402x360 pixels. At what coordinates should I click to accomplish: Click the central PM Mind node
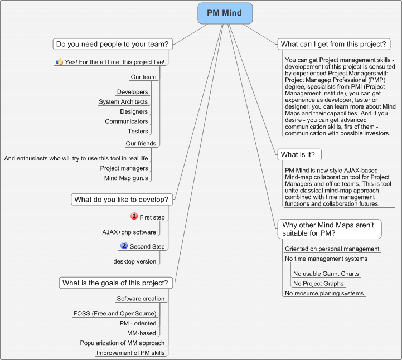coord(225,13)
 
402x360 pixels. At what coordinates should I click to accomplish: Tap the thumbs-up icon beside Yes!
coord(59,61)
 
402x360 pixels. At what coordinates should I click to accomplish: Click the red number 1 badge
coord(134,216)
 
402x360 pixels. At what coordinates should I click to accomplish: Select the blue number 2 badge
coord(124,246)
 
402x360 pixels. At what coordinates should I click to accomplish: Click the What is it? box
coord(299,155)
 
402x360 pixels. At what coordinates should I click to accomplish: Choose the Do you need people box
coord(113,44)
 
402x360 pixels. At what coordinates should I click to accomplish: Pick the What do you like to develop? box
coord(122,200)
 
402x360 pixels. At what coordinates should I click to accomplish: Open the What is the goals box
coord(115,283)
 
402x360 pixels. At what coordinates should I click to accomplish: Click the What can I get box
coord(334,44)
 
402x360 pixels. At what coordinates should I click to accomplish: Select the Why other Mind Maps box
coord(330,229)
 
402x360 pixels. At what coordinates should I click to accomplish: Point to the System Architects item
coord(123,102)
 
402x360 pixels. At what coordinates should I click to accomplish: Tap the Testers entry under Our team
coord(138,131)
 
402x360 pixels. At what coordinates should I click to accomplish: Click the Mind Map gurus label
coord(126,178)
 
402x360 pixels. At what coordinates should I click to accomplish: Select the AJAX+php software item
coord(129,232)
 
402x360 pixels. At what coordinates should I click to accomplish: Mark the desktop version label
coord(134,261)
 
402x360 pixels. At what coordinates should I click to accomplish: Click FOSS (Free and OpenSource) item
coord(115,314)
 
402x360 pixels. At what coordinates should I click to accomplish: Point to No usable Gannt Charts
coord(326,274)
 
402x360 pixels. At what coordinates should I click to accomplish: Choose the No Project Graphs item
coord(318,284)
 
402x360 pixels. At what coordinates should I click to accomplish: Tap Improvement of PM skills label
coord(130,353)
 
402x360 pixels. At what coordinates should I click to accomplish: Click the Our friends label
coord(141,143)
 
